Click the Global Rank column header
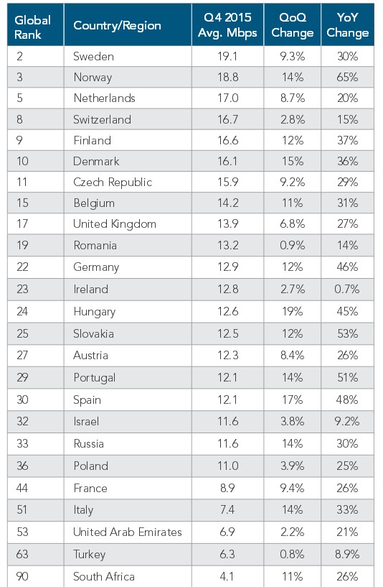click(x=32, y=26)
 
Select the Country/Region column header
click(x=117, y=26)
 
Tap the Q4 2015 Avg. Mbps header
click(x=227, y=26)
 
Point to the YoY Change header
click(x=347, y=26)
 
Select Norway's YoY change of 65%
click(x=347, y=75)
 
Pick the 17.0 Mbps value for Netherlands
click(x=227, y=98)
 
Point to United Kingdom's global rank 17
click(x=22, y=224)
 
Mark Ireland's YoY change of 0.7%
click(x=347, y=289)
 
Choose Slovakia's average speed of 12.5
click(x=227, y=333)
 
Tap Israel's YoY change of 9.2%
click(x=347, y=422)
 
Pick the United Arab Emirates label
click(x=128, y=532)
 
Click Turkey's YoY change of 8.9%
click(x=347, y=554)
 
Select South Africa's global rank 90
click(x=22, y=576)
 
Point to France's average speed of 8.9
click(x=227, y=488)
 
